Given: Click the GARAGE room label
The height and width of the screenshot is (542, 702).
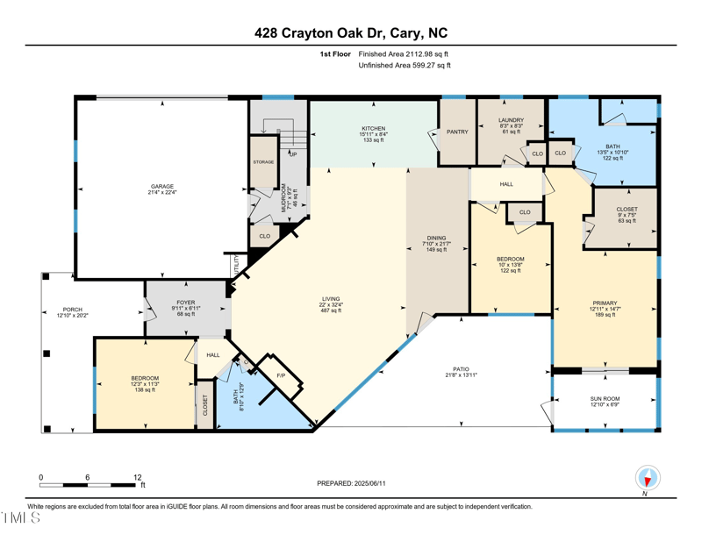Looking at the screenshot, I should (x=161, y=187).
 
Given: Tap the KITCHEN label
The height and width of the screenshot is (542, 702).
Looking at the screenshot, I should (x=374, y=129).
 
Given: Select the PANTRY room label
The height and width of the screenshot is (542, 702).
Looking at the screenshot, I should (x=457, y=132).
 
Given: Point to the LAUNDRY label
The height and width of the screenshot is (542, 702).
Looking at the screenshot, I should (x=511, y=120).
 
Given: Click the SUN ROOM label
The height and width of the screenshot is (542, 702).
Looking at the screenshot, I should (x=605, y=399).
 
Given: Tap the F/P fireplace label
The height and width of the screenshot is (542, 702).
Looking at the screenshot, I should (x=281, y=375).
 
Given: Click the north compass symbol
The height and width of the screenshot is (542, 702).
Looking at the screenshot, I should (x=648, y=479).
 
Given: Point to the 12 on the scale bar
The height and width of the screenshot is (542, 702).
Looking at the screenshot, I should (x=137, y=478).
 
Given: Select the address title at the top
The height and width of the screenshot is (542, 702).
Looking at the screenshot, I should (x=351, y=33).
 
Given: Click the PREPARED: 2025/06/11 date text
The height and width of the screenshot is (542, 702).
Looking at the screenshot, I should (x=351, y=483).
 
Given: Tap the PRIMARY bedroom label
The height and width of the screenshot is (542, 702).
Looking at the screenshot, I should (x=605, y=303).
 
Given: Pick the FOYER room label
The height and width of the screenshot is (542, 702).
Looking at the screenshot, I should (x=185, y=303).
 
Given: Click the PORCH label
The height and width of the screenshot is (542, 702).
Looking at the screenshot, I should (x=72, y=310).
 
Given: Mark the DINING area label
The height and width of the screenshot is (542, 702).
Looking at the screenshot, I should (x=436, y=238).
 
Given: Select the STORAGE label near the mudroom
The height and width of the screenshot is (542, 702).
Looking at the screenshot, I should (x=263, y=162).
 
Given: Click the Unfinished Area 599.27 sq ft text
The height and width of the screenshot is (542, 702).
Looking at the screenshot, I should (x=405, y=65).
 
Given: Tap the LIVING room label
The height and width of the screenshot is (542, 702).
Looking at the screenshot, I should (x=330, y=299).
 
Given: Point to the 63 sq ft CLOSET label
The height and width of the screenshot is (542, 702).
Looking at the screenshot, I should (x=627, y=210).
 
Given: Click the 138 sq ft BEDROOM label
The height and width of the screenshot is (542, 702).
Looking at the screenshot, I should (x=145, y=379).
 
